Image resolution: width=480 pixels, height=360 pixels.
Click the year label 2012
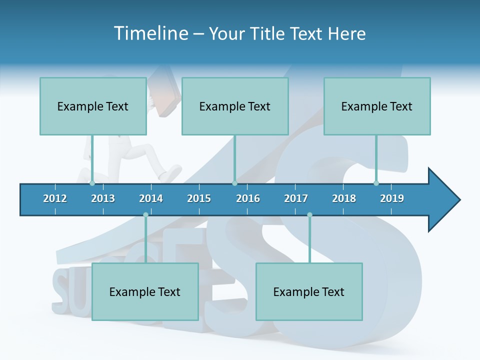[x=55, y=198]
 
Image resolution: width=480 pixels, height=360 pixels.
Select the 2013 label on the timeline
[x=103, y=198]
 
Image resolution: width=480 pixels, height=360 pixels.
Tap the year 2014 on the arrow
[x=151, y=198]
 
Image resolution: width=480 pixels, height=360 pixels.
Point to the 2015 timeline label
[x=199, y=198]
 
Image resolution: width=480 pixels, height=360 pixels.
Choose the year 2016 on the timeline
[x=248, y=198]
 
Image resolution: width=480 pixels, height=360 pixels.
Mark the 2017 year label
[x=296, y=198]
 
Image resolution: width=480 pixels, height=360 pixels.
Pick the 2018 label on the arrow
[x=344, y=198]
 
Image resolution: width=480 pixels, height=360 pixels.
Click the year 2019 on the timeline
[x=392, y=198]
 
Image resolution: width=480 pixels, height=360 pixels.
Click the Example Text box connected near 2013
[x=93, y=106]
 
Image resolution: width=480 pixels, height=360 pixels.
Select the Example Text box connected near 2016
[x=235, y=106]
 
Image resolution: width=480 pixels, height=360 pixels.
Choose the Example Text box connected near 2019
[x=377, y=106]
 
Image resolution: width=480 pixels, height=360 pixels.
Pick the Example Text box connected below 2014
[x=145, y=291]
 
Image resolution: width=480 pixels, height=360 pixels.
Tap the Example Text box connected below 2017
[x=309, y=291]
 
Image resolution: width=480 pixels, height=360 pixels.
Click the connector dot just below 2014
[x=145, y=215]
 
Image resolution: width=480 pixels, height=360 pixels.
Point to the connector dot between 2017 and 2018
[x=309, y=215]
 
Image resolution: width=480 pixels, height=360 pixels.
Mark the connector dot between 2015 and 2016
[x=234, y=183]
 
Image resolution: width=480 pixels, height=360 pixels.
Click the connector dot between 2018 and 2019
[x=376, y=183]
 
